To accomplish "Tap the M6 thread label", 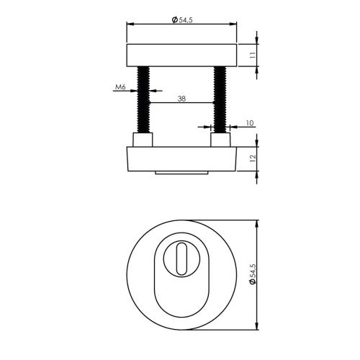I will pyautogui.click(x=120, y=88).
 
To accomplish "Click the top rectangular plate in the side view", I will pyautogui.click(x=182, y=55).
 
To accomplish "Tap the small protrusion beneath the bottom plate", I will pyautogui.click(x=182, y=173).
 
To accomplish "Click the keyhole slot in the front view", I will pyautogui.click(x=182, y=256).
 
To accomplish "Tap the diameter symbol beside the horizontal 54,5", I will pyautogui.click(x=174, y=20).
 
